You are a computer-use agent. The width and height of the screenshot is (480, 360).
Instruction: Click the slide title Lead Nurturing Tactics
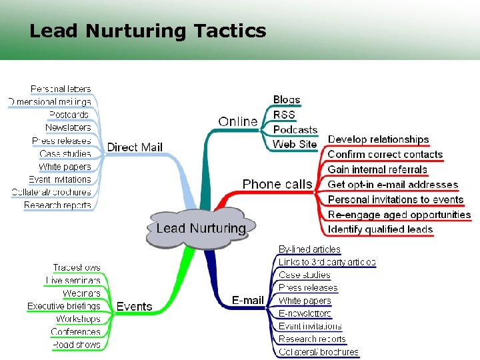pos(147,31)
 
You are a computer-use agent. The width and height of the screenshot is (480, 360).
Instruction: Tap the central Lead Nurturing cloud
pos(200,228)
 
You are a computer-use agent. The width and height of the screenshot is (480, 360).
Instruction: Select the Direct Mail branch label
pos(135,147)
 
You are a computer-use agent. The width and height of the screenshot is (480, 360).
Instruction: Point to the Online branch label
pos(238,121)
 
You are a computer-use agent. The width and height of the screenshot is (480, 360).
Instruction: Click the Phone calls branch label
pos(277,184)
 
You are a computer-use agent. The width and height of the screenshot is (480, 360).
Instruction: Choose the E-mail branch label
pos(248,300)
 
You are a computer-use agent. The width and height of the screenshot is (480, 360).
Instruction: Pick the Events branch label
pos(134,307)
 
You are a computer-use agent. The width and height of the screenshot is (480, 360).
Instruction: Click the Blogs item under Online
pos(287,100)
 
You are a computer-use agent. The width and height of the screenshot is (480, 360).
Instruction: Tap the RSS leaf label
pos(284,115)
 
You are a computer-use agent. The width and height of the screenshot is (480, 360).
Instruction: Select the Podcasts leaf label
pos(295,129)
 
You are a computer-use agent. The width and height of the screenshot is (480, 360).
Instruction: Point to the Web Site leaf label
pos(295,144)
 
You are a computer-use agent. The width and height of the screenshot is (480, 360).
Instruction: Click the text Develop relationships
pos(378,139)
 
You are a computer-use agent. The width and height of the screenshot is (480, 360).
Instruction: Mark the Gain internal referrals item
pos(377,169)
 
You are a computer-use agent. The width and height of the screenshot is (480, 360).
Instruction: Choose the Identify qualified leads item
pos(380,229)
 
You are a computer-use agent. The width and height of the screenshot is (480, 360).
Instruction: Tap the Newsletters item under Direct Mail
pos(68,127)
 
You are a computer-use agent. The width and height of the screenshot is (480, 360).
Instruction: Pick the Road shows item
pos(77,345)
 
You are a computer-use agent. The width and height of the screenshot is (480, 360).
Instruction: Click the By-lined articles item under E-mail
pos(309,249)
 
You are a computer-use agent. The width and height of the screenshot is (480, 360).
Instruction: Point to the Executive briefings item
pos(64,306)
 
